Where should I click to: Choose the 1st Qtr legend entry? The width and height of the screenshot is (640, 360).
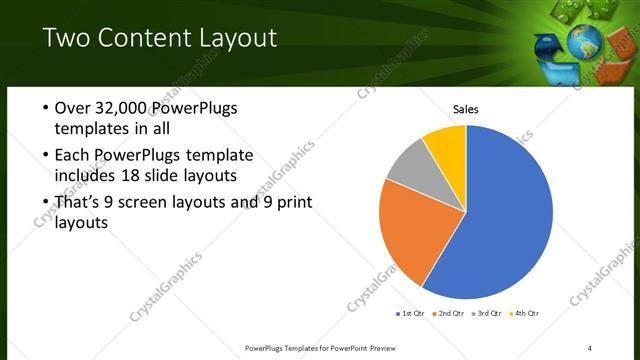(411, 314)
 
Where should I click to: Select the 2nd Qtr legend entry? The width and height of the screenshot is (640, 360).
(450, 314)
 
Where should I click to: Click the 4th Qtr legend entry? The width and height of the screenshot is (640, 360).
(527, 314)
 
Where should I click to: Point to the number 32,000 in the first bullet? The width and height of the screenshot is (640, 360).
(122, 108)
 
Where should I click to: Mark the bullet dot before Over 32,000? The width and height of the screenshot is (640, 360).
(45, 108)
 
